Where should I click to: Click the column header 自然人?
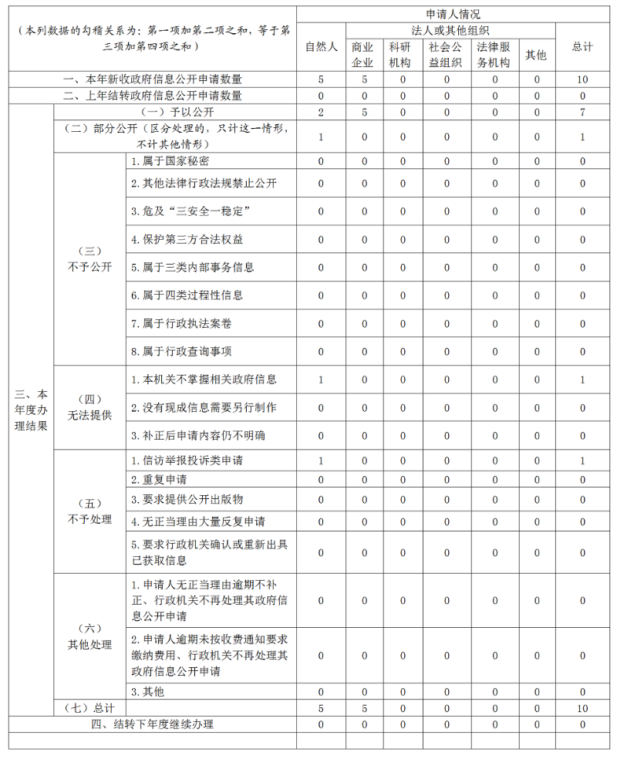click(x=321, y=47)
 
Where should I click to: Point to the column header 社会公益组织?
click(x=447, y=55)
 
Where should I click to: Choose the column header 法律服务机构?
click(x=494, y=55)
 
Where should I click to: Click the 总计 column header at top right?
click(x=582, y=47)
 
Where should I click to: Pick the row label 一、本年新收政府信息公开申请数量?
click(x=153, y=79)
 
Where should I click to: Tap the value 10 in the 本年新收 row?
click(x=582, y=79)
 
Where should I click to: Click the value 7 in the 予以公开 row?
click(x=582, y=113)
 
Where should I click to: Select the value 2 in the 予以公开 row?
click(x=321, y=113)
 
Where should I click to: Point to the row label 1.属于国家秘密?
click(x=170, y=161)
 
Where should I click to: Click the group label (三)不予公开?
click(x=89, y=259)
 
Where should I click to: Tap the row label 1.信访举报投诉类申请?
click(x=187, y=460)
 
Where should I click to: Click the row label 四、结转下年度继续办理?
click(x=153, y=724)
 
